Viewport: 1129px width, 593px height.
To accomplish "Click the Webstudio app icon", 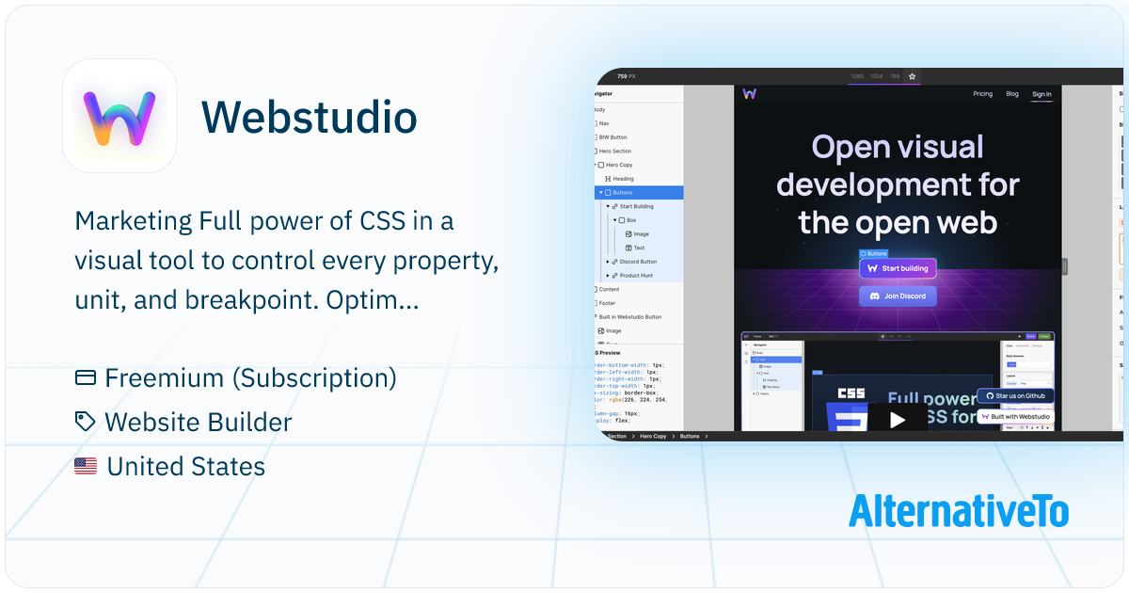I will click(119, 116).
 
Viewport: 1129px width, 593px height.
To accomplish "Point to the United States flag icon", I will click(86, 465).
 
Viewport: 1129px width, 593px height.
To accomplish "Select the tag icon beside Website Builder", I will click(86, 422).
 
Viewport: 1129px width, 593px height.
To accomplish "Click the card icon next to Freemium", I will click(86, 378).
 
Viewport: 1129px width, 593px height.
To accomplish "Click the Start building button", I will click(898, 268).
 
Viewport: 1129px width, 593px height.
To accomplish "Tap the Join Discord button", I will click(898, 296).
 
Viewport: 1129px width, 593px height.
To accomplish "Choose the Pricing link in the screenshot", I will click(982, 94).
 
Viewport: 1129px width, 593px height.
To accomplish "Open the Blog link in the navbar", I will click(1012, 94).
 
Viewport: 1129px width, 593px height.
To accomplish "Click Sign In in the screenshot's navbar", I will click(1042, 94).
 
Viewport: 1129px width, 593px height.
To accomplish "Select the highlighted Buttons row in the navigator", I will click(640, 192).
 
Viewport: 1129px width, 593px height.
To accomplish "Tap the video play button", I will click(898, 419).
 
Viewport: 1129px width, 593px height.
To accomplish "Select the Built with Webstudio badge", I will click(1014, 416).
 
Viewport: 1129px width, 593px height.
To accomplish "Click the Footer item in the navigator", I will click(609, 303).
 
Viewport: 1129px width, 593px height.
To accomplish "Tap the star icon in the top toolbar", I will click(912, 76).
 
